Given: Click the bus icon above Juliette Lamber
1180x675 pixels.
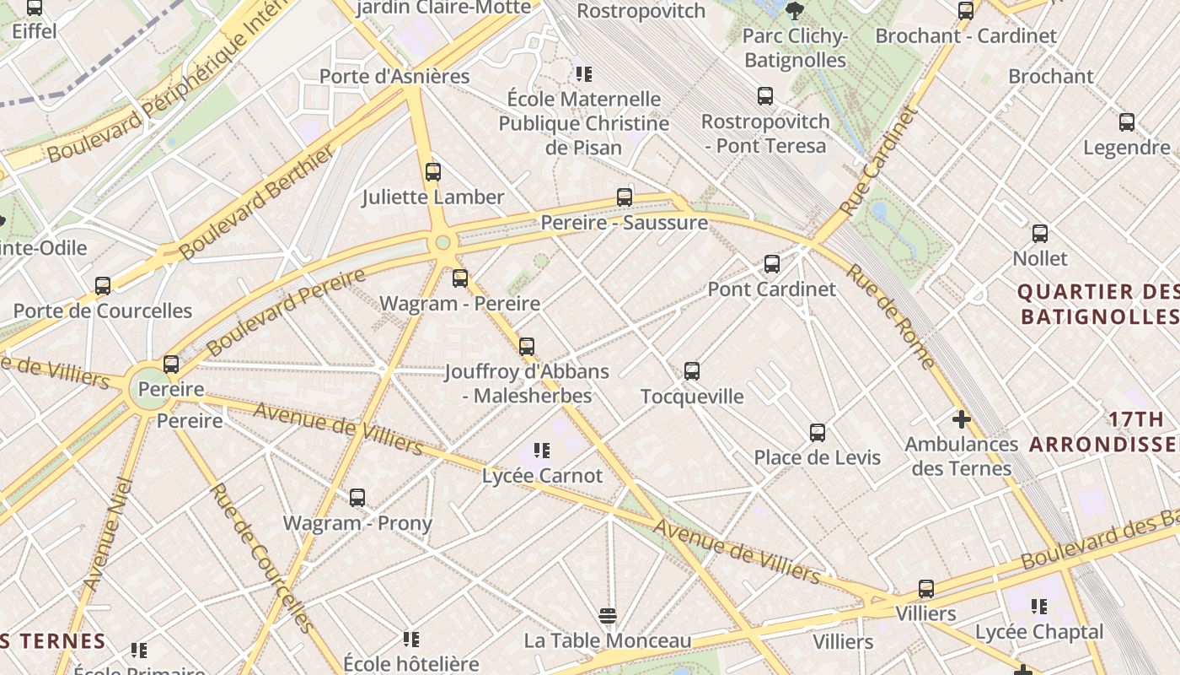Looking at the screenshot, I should [433, 172].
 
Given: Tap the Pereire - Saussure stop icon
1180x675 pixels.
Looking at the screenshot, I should [625, 197].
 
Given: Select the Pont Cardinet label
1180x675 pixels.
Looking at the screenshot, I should [771, 289].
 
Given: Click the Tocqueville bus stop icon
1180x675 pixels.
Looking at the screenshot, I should [692, 371].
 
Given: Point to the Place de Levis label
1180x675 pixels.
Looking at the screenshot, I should [817, 457].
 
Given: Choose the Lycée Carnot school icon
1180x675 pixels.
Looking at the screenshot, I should [542, 451].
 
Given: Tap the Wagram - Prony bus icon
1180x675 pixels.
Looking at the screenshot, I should [357, 498].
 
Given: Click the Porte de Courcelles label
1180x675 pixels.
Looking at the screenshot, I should [103, 310].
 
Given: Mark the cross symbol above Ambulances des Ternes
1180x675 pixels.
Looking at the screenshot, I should [962, 418].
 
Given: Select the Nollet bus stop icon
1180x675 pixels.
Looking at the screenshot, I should [1040, 234].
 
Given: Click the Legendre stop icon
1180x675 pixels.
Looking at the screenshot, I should [1127, 122].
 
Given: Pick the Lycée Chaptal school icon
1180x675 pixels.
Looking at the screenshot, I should [1039, 606].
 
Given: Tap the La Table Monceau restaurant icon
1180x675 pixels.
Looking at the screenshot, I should [608, 616].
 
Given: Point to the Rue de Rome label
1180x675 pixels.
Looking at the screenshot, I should [891, 317].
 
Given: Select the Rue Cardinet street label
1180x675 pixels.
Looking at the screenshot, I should [878, 160].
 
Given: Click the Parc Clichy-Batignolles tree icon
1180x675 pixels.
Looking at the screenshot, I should [794, 11].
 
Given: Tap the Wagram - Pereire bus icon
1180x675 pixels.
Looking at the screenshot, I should [460, 278].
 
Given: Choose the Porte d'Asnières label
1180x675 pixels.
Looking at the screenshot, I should [394, 76].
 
